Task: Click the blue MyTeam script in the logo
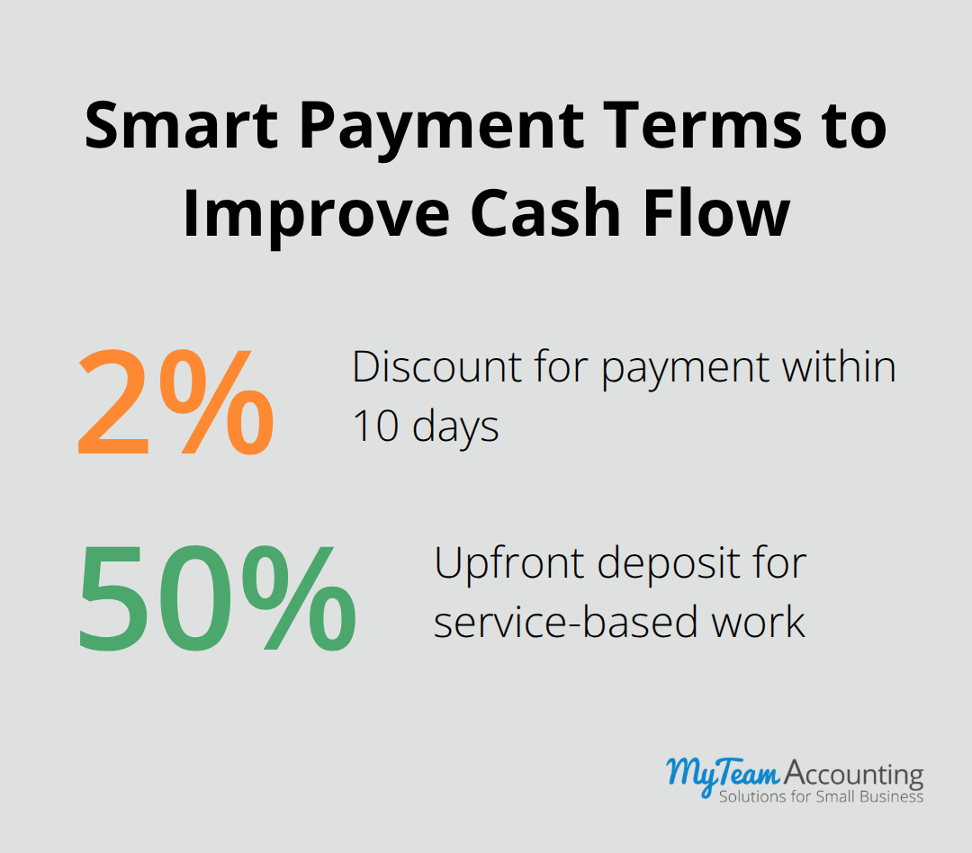click(x=723, y=773)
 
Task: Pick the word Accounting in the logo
click(x=854, y=773)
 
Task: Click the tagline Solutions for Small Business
click(x=821, y=796)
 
